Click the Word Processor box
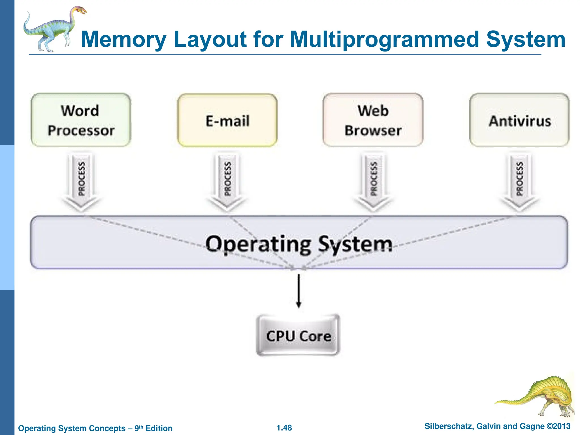(x=81, y=120)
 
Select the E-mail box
(x=227, y=120)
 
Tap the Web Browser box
(x=373, y=120)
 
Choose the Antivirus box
(x=519, y=120)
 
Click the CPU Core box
(x=298, y=335)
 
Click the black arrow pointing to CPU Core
(x=298, y=290)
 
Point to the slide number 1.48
(x=284, y=428)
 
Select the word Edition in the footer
(x=159, y=428)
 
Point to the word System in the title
(x=526, y=40)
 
